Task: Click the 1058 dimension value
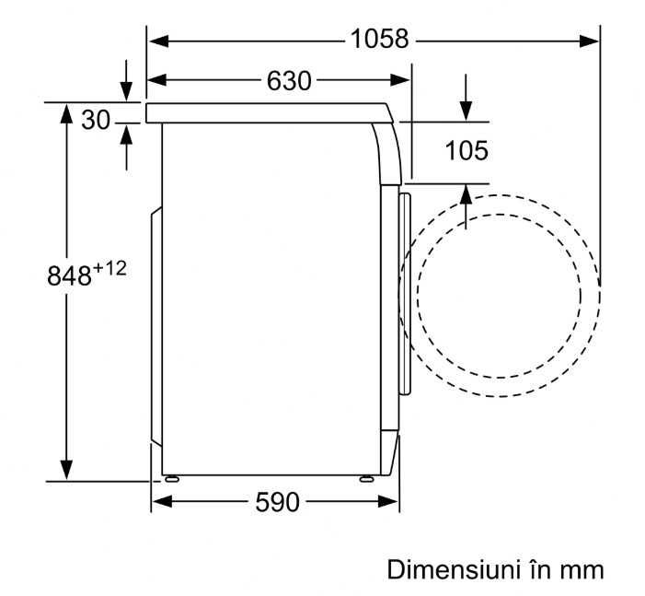[x=379, y=39]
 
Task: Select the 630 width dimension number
[x=289, y=81]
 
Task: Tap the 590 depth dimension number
[x=277, y=502]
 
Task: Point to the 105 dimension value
[x=466, y=150]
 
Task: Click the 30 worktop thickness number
[x=96, y=121]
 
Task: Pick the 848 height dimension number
[x=69, y=275]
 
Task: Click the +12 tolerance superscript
[x=109, y=269]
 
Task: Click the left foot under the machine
[x=171, y=479]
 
